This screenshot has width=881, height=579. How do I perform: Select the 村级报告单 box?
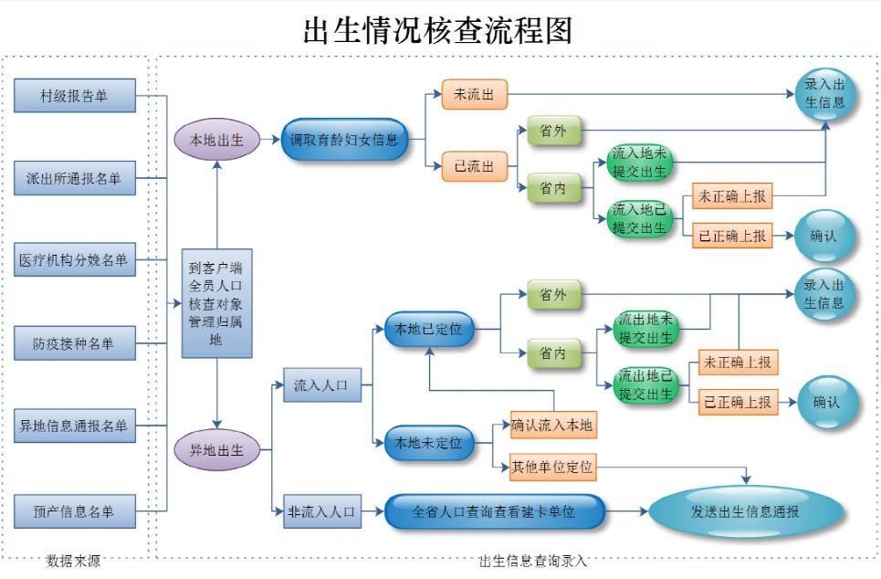click(x=74, y=95)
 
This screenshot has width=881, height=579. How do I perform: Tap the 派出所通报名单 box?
click(x=74, y=178)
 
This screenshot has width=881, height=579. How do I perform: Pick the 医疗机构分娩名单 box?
click(x=74, y=260)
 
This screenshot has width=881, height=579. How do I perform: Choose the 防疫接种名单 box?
click(x=74, y=343)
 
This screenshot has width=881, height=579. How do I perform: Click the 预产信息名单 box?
click(x=74, y=511)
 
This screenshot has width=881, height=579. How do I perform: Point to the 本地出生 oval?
click(x=215, y=140)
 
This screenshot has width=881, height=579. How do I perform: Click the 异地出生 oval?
click(x=215, y=450)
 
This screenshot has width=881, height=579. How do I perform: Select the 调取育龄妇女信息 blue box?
click(x=344, y=140)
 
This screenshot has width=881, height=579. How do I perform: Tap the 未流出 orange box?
click(x=474, y=94)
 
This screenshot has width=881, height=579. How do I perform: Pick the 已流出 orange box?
click(x=474, y=165)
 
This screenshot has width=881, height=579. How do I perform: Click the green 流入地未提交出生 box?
click(x=640, y=163)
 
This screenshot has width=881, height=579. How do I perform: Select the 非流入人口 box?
click(x=320, y=511)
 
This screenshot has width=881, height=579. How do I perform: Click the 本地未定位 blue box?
click(x=428, y=443)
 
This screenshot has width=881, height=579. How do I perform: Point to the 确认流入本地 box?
click(x=552, y=425)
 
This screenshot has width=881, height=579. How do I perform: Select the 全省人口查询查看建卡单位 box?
click(x=494, y=511)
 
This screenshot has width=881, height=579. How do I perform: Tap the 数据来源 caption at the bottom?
click(x=73, y=562)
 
